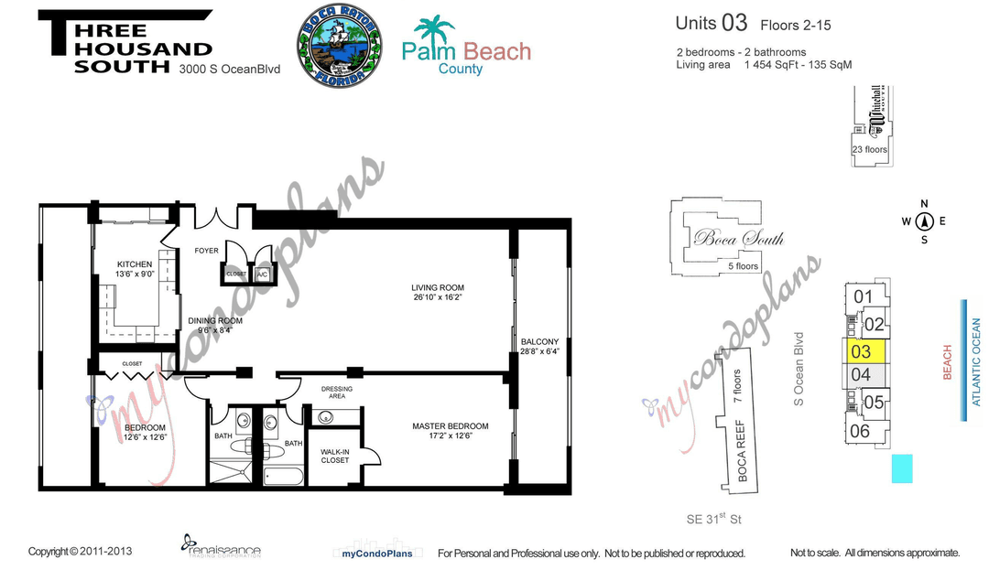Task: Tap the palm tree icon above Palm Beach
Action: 433,32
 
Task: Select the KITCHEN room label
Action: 134,264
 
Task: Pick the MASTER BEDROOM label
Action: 450,425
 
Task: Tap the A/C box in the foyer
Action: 262,274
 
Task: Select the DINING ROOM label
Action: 215,321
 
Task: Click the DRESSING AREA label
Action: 337,393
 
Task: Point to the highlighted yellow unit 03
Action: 864,350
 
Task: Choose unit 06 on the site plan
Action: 861,431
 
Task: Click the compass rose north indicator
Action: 924,220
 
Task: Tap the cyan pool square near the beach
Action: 902,468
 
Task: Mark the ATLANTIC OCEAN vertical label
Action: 976,361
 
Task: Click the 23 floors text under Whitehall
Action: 869,149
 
